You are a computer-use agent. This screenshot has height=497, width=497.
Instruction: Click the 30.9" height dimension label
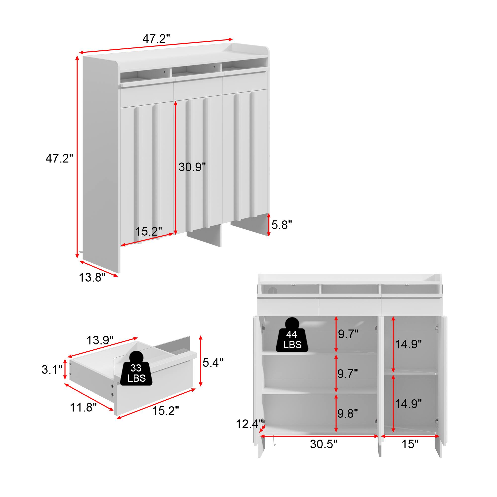click(192, 167)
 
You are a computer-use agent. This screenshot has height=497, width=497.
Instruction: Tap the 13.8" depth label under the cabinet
click(92, 278)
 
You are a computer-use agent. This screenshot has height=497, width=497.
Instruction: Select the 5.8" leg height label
click(282, 225)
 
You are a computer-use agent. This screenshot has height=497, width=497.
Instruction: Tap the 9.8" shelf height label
click(348, 414)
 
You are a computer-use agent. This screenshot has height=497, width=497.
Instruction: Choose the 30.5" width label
click(323, 452)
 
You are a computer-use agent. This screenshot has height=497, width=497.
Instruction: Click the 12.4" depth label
click(249, 424)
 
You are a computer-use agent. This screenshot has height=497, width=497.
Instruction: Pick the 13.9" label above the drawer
click(100, 340)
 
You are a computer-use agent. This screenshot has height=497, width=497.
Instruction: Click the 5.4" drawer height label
click(213, 363)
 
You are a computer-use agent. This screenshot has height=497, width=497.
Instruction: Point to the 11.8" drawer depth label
click(83, 407)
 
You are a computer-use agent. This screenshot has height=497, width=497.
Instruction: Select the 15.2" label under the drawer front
click(166, 411)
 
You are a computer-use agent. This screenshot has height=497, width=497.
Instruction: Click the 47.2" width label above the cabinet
click(156, 39)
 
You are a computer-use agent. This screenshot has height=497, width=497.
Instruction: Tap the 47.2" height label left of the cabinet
click(59, 159)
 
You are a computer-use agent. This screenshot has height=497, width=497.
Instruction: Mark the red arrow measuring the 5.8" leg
click(269, 225)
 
